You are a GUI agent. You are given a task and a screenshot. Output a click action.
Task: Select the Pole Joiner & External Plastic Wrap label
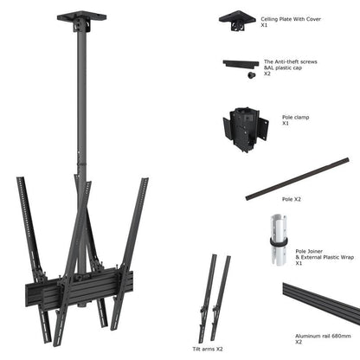point(291,255)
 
